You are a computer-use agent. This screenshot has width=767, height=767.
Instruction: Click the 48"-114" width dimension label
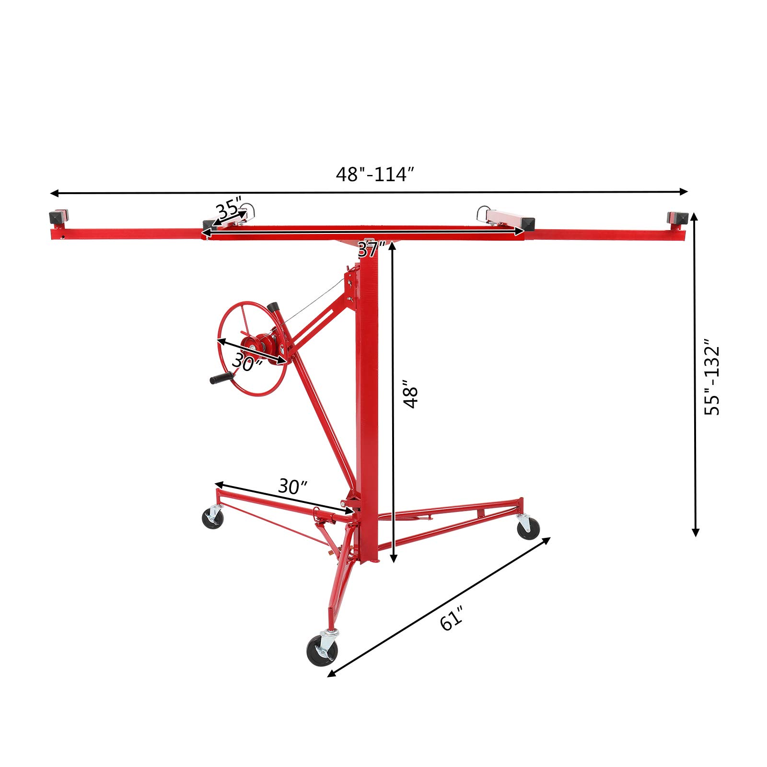click(x=374, y=174)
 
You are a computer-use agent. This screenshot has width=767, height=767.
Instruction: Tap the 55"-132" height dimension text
click(x=712, y=377)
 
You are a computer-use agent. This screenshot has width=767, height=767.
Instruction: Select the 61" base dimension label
click(x=452, y=618)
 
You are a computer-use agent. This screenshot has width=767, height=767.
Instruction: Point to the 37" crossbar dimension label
click(x=372, y=250)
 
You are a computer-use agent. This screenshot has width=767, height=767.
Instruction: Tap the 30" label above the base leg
click(x=292, y=487)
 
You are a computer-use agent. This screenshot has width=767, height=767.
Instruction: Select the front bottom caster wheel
click(x=322, y=651)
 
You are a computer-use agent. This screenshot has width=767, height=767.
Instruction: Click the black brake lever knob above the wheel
click(x=273, y=306)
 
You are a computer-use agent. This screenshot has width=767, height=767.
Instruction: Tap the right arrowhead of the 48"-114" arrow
click(x=684, y=191)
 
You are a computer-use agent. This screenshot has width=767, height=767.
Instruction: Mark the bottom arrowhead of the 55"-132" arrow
click(x=696, y=532)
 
